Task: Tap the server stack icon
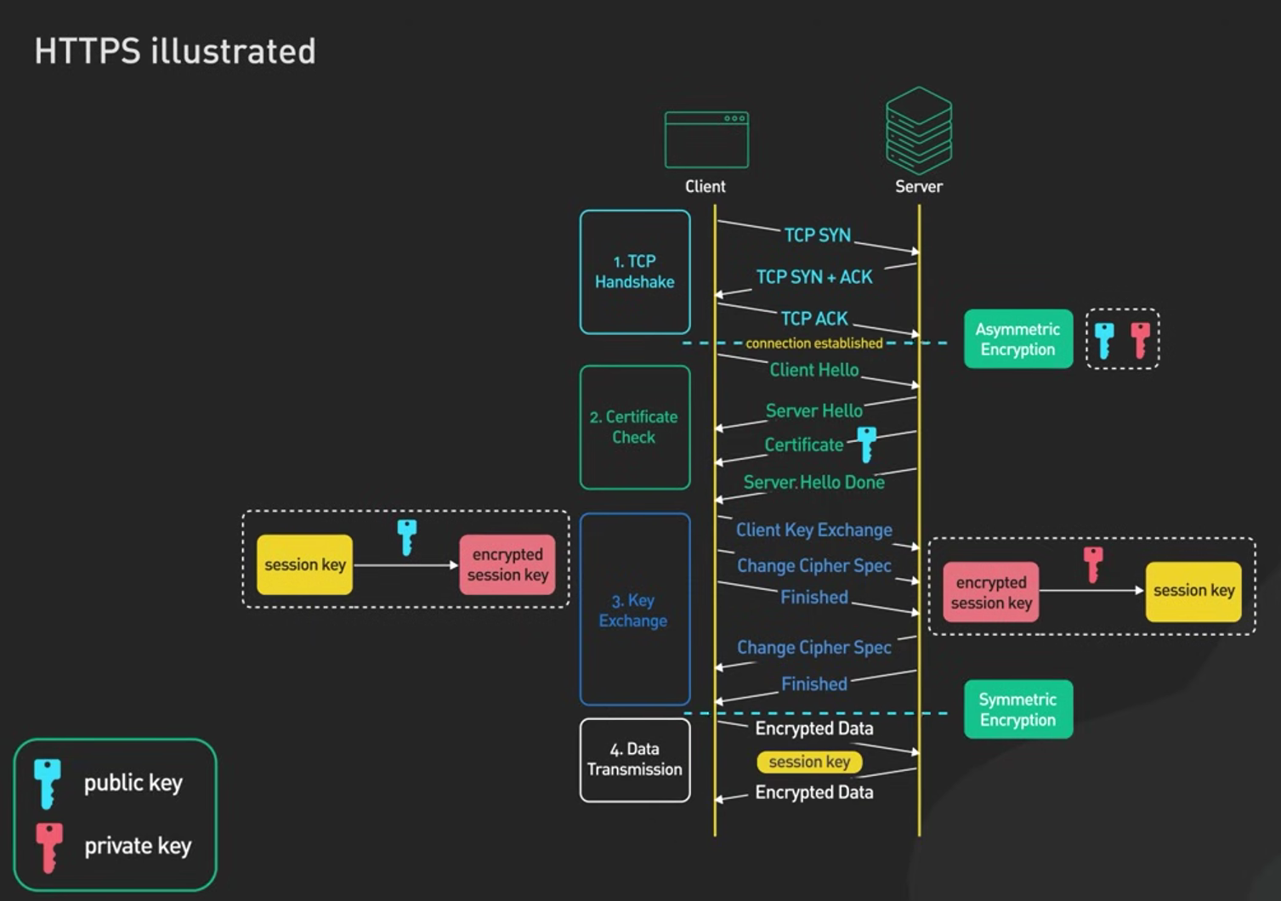[x=918, y=131]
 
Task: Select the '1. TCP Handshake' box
[x=635, y=272]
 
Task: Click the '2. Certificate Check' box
[x=635, y=427]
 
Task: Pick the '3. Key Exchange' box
[x=635, y=609]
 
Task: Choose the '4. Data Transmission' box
[x=635, y=760]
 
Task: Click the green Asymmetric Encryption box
[x=1018, y=339]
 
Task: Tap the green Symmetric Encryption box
[x=1018, y=710]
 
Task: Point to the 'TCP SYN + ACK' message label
[x=814, y=277]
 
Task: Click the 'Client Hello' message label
[x=814, y=370]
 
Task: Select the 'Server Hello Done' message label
[x=813, y=483]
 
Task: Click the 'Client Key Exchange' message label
[x=813, y=530]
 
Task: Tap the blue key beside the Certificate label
[x=867, y=445]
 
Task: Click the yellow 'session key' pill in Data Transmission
[x=809, y=762]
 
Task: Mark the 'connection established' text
[x=813, y=343]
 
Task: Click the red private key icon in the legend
[x=49, y=847]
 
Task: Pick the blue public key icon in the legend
[x=48, y=784]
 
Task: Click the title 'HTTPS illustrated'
[x=175, y=51]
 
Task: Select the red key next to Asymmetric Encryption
[x=1140, y=340]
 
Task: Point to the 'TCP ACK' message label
[x=814, y=319]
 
